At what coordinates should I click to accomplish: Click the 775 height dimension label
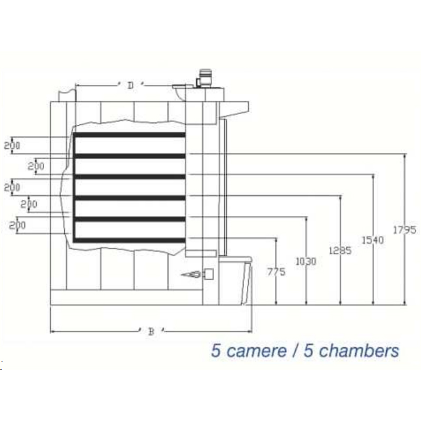coord(276,272)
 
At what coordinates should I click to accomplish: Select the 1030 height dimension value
coord(306,261)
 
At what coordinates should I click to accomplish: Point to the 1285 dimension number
coord(339,250)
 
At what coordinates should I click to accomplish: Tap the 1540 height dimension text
coord(373,240)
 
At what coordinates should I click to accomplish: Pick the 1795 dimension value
coord(405,229)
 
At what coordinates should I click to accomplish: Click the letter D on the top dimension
coord(130,85)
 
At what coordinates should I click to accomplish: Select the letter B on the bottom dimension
coord(151,332)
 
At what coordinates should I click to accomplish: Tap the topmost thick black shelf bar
coord(129,135)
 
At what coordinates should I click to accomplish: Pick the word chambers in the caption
coord(359,351)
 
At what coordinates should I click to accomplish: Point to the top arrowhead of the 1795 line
coord(405,156)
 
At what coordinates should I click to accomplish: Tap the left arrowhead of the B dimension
coord(52,332)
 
